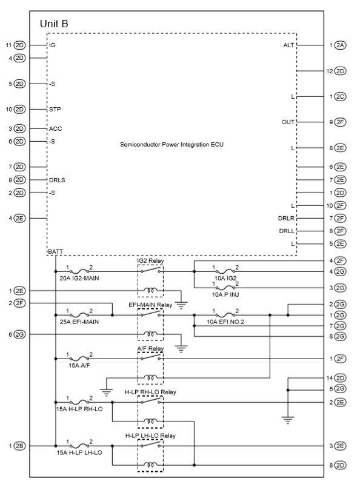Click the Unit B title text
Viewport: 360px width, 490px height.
click(54, 24)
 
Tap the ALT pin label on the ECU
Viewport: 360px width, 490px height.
click(288, 45)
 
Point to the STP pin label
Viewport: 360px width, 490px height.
click(55, 110)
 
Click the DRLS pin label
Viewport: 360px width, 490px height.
click(58, 180)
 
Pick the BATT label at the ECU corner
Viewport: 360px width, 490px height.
click(55, 251)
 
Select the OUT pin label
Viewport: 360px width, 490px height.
click(288, 122)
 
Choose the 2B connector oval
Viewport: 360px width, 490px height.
click(20, 446)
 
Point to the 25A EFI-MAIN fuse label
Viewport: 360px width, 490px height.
click(79, 322)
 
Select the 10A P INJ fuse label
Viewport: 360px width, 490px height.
click(225, 294)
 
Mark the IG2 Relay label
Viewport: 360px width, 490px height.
click(150, 260)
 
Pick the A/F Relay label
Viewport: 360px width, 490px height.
click(150, 348)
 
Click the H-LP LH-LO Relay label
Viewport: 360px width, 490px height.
click(150, 435)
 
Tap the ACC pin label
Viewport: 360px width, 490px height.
click(55, 128)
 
